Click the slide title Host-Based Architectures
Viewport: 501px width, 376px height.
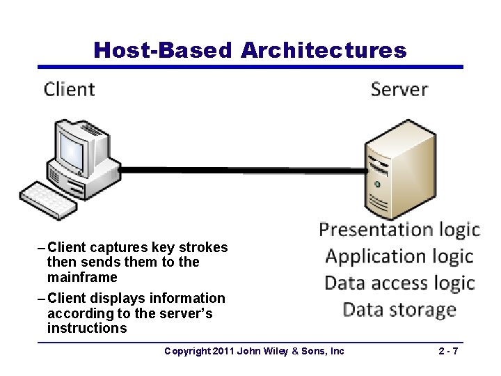(x=250, y=50)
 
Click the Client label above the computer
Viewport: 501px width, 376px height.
(x=69, y=89)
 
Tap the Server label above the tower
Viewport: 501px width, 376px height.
(x=399, y=89)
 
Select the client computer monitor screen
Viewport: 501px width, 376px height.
(x=74, y=146)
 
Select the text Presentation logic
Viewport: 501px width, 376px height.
(x=399, y=229)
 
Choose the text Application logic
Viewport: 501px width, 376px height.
(x=399, y=256)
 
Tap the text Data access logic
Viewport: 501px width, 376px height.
(x=399, y=283)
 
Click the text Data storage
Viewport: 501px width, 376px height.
(x=399, y=309)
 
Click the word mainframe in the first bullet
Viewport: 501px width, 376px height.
(x=82, y=277)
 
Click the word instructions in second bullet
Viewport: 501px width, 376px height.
(x=87, y=328)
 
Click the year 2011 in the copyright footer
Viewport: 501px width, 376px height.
(x=222, y=351)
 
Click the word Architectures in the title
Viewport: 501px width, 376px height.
(x=324, y=50)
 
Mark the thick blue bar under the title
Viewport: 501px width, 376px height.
(x=250, y=68)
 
